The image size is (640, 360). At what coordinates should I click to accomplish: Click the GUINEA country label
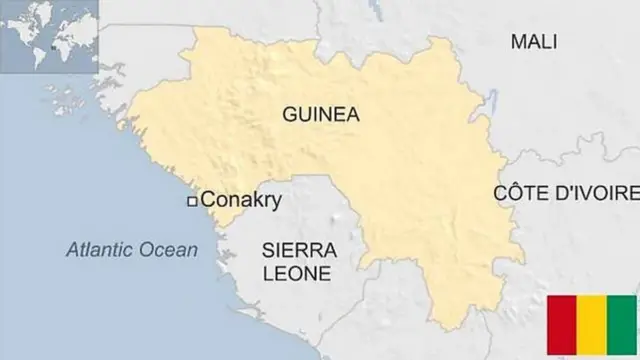point(321,114)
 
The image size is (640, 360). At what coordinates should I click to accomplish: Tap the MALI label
point(533,41)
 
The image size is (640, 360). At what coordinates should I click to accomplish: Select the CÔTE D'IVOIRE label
point(566,193)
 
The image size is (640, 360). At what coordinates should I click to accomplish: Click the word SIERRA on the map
point(299,249)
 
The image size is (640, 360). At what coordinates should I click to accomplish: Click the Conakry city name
point(241,200)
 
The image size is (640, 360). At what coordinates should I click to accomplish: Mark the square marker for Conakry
point(192,201)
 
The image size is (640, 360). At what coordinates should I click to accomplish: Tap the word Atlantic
point(101,250)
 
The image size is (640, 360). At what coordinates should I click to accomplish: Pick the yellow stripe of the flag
point(593,326)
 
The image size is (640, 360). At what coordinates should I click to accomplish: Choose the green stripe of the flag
point(623,326)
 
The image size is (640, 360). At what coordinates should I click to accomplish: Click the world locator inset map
point(49,36)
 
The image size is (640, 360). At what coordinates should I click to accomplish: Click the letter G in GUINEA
point(290,114)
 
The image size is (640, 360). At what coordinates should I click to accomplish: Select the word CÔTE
point(516,193)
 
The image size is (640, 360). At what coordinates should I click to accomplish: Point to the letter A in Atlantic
point(72,250)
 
